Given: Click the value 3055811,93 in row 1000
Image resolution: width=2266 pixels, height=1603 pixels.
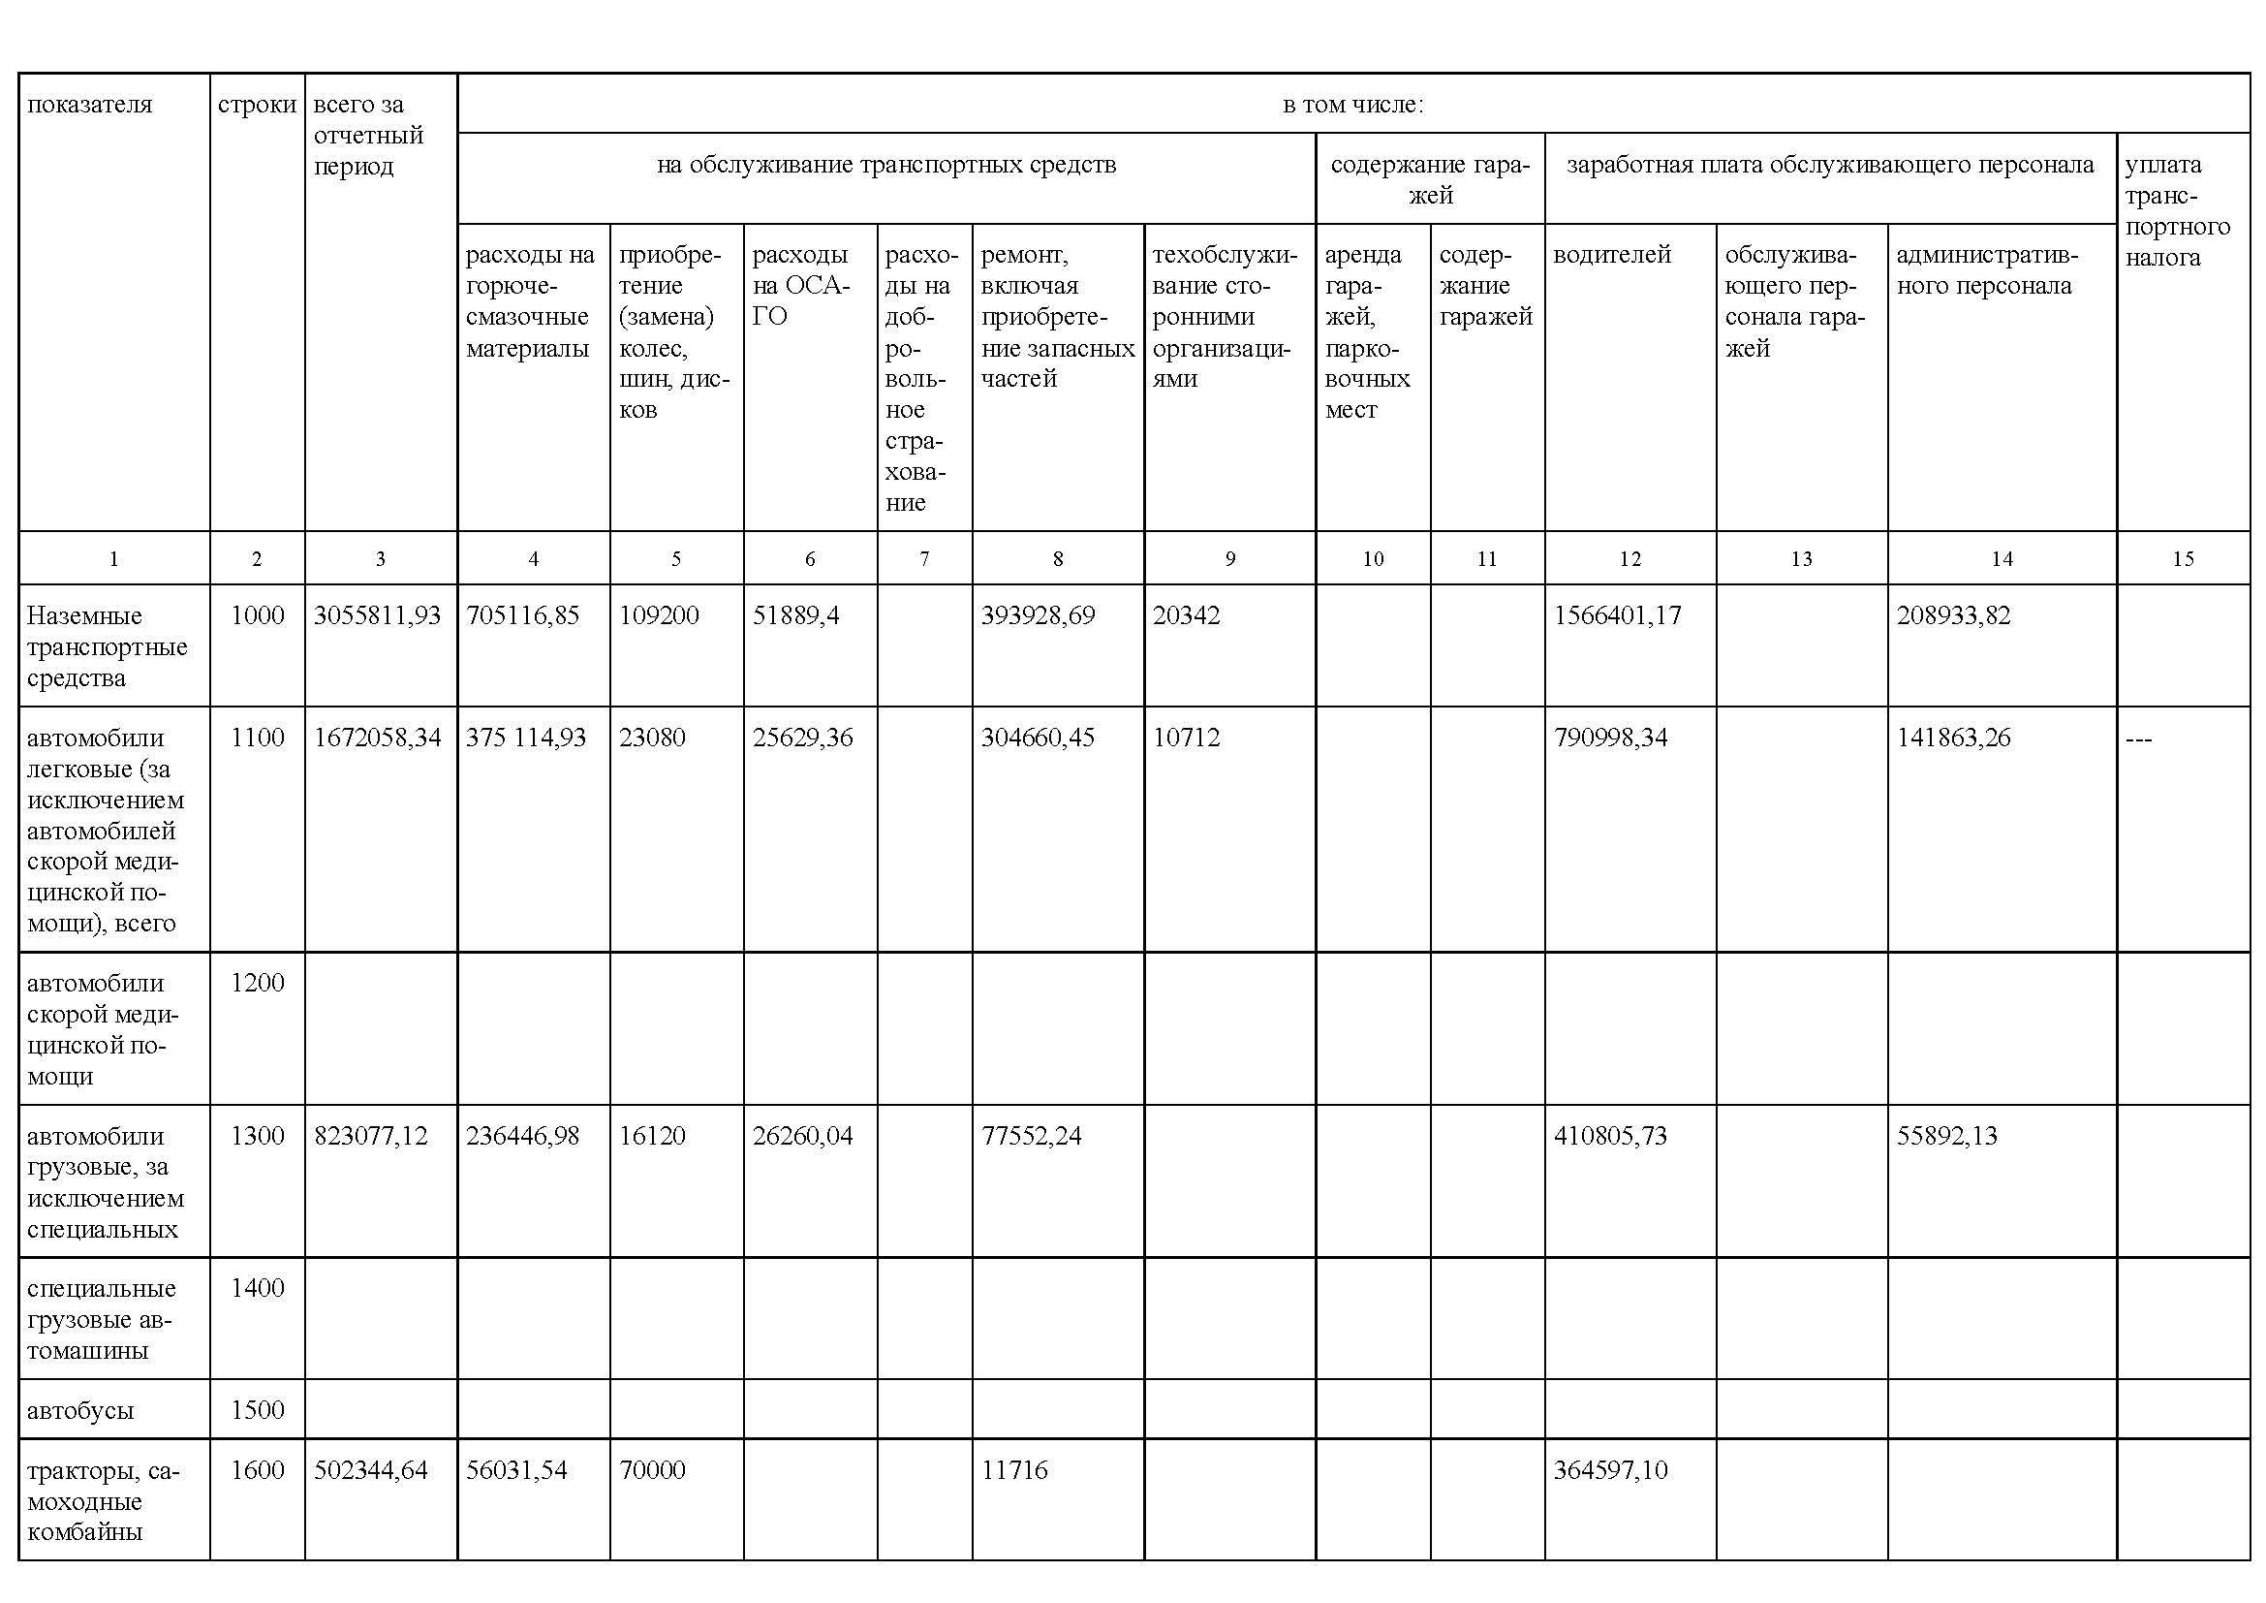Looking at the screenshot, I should coord(376,616).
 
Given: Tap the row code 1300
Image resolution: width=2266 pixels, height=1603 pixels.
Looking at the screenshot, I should coord(257,1136).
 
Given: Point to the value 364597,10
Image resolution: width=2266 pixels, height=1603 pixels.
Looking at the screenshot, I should coord(1610,1471).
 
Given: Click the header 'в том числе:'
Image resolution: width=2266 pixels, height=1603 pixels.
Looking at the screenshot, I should coord(1352,105).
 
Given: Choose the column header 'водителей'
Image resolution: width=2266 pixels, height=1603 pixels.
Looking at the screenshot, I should coord(1612,255).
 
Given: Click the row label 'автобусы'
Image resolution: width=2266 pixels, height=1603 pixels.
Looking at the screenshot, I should coord(80,1410).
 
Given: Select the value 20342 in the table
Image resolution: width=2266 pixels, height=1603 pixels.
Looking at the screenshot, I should coord(1187,616).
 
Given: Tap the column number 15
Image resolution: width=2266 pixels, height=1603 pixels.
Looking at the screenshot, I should coord(2182,559).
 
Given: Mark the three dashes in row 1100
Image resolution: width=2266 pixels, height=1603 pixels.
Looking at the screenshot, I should coord(2139,739).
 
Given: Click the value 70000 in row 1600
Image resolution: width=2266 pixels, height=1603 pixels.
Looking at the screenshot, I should coord(651,1471).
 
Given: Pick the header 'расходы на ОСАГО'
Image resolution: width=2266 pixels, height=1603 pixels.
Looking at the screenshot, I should coord(800,285).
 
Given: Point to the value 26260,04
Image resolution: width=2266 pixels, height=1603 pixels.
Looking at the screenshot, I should coord(802,1136).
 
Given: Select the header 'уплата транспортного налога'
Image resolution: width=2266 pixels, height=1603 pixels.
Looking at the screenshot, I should coord(2177,211).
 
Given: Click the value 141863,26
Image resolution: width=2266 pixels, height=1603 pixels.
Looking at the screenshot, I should coord(1952,739).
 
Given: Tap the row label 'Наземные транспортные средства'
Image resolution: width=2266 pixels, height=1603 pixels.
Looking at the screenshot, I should coord(107,646).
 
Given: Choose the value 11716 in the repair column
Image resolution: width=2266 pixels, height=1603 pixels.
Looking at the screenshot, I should coord(1013,1471).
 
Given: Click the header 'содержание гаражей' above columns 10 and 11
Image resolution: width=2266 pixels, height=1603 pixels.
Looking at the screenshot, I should coord(1429,179).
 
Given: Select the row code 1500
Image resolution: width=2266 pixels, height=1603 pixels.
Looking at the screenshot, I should coord(257,1410).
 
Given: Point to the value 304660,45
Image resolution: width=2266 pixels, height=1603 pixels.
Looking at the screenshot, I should coord(1037,739).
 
